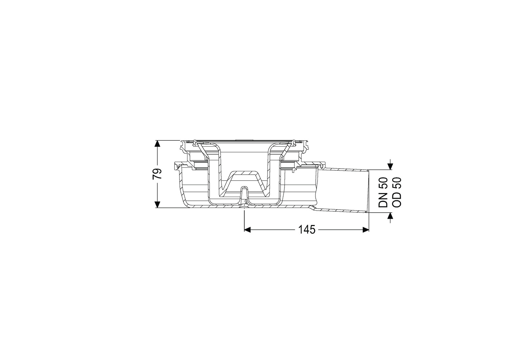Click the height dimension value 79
click(x=157, y=174)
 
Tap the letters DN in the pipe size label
click(x=383, y=200)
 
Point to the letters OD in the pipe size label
click(x=397, y=200)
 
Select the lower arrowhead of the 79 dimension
click(x=157, y=205)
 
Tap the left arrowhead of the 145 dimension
click(x=247, y=230)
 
